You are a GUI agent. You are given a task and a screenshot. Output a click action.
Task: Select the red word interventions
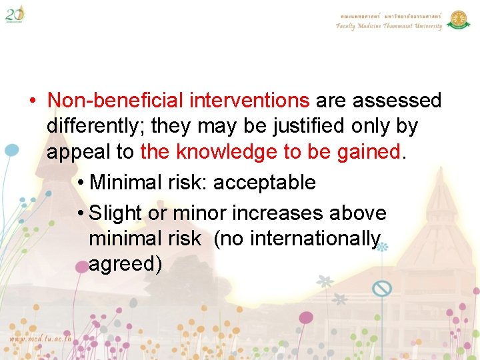click(x=249, y=101)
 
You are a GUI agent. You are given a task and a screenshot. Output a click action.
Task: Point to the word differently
click(x=96, y=127)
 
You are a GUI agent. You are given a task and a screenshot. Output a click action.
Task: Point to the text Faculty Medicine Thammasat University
click(x=389, y=26)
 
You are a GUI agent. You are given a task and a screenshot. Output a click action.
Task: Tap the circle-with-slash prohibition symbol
click(x=381, y=289)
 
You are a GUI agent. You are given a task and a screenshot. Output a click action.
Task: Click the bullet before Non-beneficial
click(x=32, y=101)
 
